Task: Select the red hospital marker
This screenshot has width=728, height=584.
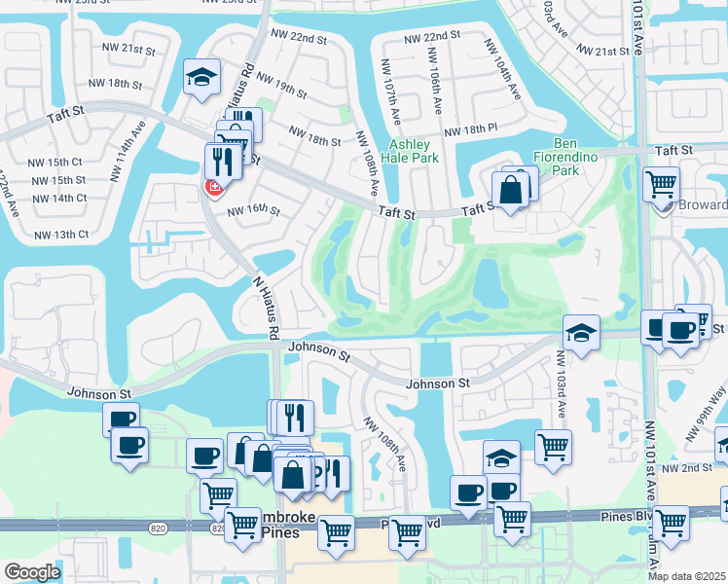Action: tap(211, 186)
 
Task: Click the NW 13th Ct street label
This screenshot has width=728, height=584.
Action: tap(61, 235)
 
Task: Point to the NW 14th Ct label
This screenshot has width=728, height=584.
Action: tap(59, 198)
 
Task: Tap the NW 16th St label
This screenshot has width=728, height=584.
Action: tap(253, 211)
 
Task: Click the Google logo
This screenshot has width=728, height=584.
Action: tap(33, 572)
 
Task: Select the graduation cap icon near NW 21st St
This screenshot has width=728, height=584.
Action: tap(202, 78)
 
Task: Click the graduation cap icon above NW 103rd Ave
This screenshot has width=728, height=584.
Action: tap(580, 333)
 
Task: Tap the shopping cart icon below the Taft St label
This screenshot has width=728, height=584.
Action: tap(661, 182)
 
